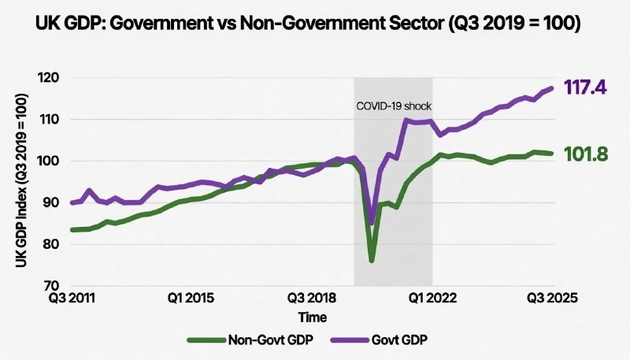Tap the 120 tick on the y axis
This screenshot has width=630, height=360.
53,78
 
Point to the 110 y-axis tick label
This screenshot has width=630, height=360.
53,120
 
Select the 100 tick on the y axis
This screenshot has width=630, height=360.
53,161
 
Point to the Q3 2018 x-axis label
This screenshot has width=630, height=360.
313,299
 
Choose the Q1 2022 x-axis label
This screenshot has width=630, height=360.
432,299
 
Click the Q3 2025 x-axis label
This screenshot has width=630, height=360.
553,299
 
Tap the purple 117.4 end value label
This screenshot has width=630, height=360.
584,88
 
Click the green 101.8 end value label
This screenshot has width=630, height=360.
587,154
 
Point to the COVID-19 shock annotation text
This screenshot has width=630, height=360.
394,106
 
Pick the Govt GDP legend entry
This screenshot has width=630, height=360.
394,340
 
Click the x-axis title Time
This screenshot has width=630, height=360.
313,316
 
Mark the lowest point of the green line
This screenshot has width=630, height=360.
372,260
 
